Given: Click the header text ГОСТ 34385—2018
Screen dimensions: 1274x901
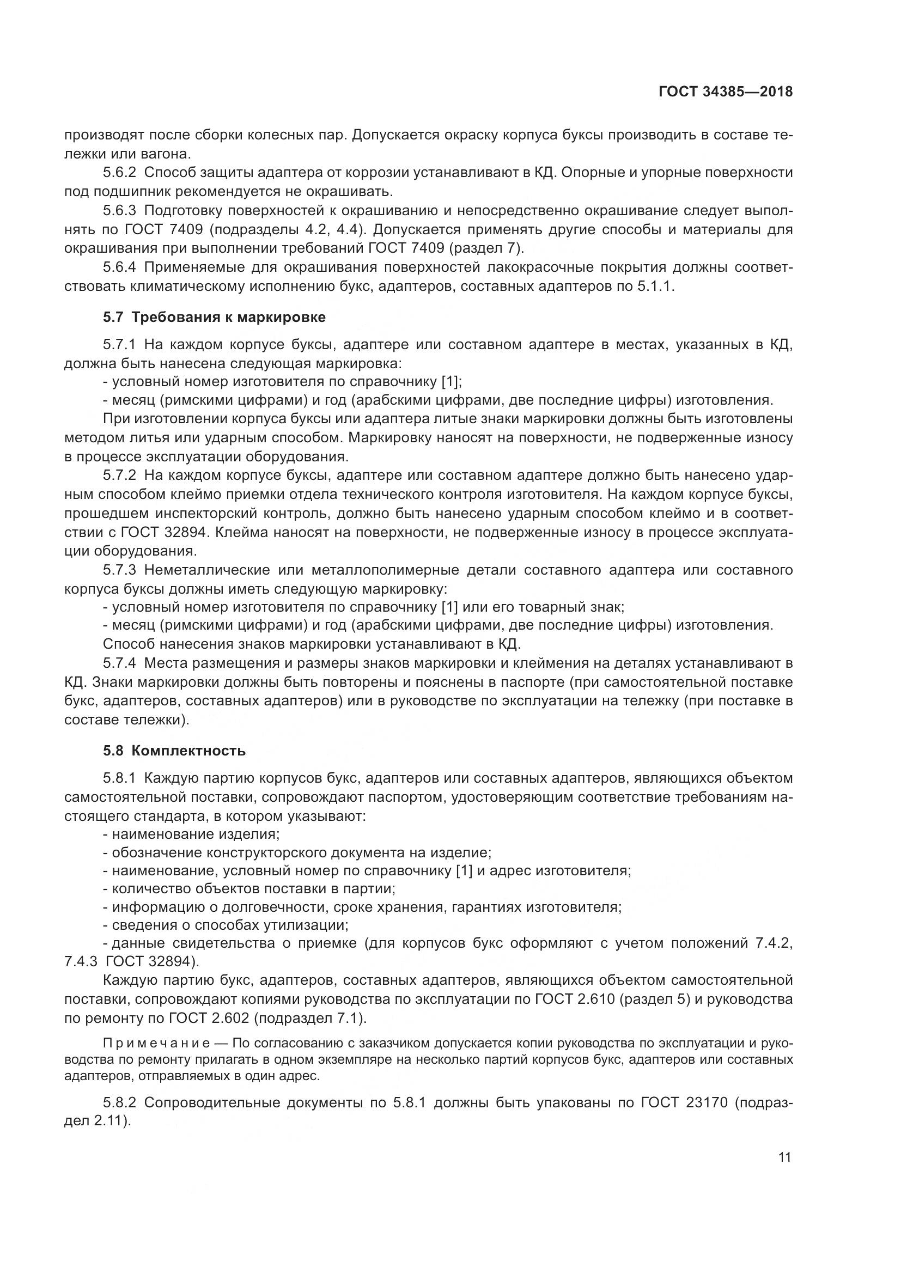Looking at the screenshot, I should click(x=725, y=92).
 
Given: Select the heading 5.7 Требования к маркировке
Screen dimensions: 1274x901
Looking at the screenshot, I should click(x=214, y=318).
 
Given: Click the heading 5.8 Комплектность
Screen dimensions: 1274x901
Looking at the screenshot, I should click(x=174, y=751).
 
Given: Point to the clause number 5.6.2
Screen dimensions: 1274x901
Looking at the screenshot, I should click(x=119, y=173).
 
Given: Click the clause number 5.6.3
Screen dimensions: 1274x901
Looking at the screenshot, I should click(x=119, y=211).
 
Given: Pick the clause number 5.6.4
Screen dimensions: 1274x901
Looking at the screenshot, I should click(x=119, y=267).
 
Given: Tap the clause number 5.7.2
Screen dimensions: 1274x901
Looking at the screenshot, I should click(x=119, y=476).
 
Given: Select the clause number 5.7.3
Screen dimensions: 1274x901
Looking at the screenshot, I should click(x=119, y=570).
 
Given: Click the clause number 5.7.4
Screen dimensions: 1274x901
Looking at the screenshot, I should click(x=119, y=663).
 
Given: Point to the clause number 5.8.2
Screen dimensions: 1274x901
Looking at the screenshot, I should click(x=119, y=1102).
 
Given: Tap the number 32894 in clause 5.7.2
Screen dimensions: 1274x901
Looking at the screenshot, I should click(x=187, y=533).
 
